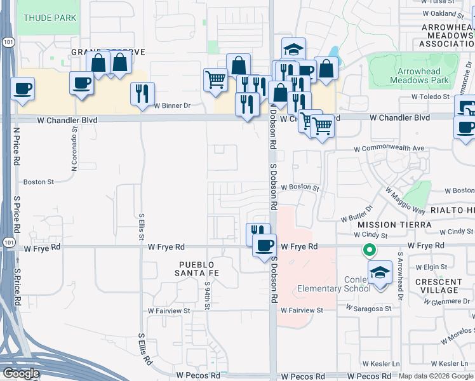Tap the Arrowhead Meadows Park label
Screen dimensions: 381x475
(x=424, y=76)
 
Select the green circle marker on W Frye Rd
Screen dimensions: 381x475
(x=368, y=250)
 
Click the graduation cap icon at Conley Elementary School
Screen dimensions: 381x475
(x=380, y=273)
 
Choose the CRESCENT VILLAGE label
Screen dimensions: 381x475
(x=438, y=286)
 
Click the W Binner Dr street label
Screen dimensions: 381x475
(x=172, y=106)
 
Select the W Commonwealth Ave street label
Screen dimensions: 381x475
(x=389, y=149)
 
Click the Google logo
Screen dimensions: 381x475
(x=20, y=373)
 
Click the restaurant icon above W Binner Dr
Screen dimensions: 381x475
(x=142, y=93)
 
